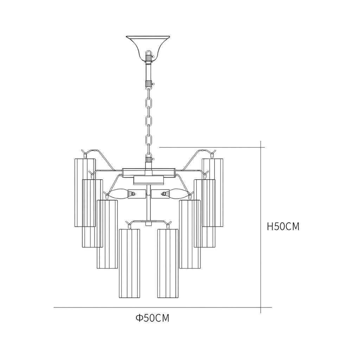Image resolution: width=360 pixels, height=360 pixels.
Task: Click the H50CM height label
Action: pos(283,226)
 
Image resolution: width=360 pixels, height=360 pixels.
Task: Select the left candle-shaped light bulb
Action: pos(118,194)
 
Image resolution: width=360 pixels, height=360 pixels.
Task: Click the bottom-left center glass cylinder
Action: pos(129,263)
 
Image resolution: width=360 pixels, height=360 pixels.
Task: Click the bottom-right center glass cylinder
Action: pos(168,263)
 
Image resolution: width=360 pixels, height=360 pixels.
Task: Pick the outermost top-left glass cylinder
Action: pos(85,192)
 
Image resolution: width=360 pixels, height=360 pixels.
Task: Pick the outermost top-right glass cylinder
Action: pos(213,192)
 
